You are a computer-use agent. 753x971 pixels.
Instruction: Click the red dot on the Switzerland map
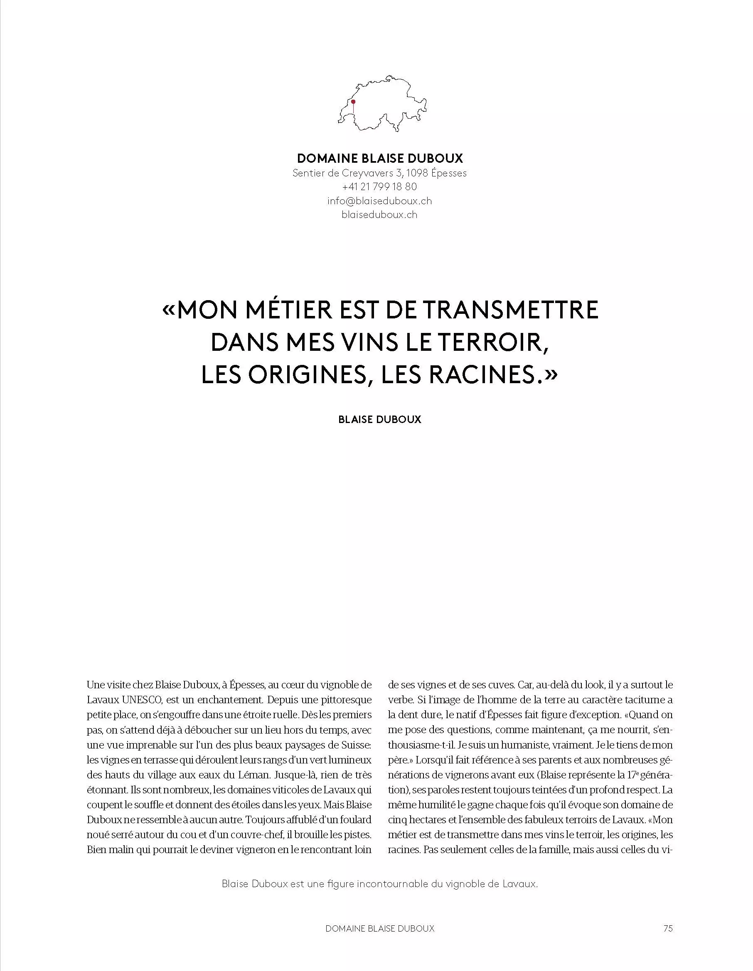click(353, 102)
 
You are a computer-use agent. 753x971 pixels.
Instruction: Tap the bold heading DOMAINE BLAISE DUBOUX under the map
click(379, 158)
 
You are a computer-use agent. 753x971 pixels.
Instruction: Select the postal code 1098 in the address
click(417, 173)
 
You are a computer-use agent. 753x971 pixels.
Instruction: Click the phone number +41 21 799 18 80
click(379, 187)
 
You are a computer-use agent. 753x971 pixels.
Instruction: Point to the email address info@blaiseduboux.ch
click(379, 201)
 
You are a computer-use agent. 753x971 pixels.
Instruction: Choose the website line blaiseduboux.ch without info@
click(379, 215)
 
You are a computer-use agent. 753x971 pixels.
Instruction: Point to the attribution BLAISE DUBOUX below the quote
click(379, 419)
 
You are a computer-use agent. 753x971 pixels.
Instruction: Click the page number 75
click(667, 928)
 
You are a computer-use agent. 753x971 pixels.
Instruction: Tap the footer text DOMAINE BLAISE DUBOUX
click(379, 928)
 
